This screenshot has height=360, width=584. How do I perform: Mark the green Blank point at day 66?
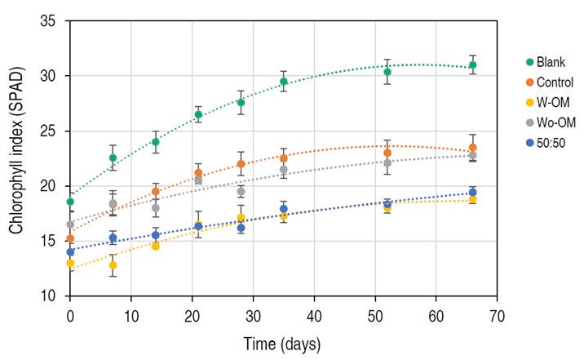[473, 65]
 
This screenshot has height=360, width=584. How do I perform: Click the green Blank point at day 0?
[70, 202]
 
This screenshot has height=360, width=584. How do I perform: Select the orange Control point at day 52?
[387, 153]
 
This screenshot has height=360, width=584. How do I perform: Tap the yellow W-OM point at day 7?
[113, 265]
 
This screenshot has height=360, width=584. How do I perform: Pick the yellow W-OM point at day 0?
[70, 263]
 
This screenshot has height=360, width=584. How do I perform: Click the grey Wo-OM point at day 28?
[241, 192]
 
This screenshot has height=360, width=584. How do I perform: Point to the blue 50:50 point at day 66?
[473, 193]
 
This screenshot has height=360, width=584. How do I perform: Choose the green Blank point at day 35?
[284, 82]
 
